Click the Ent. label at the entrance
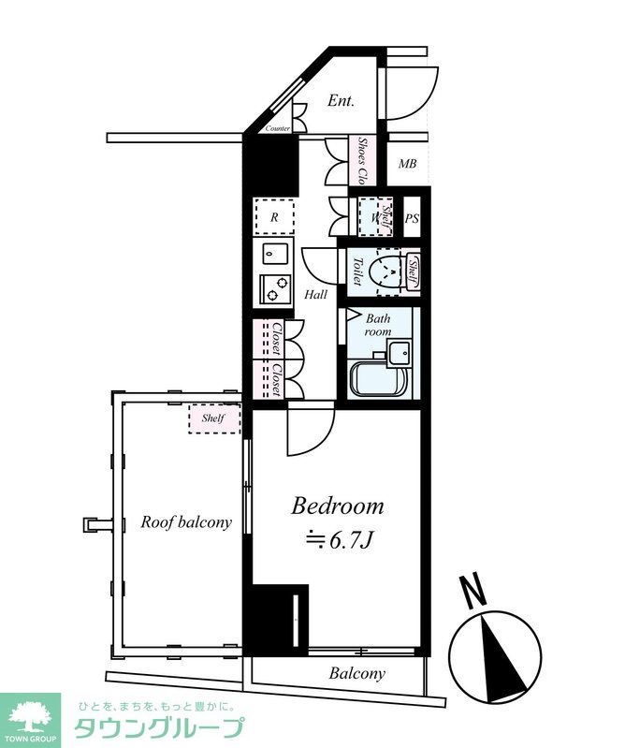click(x=341, y=101)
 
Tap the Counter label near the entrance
click(x=278, y=128)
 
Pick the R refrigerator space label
click(x=274, y=218)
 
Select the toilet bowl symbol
click(x=385, y=271)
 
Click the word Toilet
click(x=356, y=272)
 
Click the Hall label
click(x=315, y=295)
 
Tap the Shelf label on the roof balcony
click(x=213, y=418)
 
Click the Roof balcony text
click(x=186, y=522)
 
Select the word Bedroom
click(x=338, y=506)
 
